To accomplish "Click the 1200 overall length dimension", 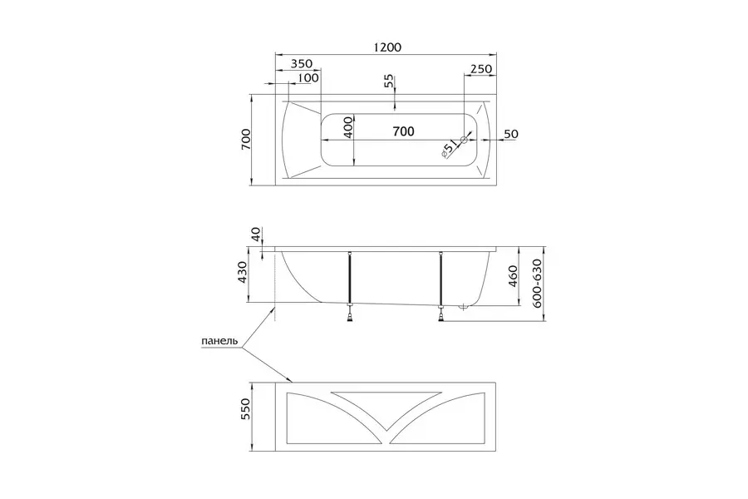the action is tap(386, 47).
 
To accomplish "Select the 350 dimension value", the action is tap(302, 63).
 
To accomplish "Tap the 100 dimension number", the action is tap(308, 77).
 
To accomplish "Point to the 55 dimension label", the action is tap(389, 81).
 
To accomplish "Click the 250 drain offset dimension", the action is tap(481, 69).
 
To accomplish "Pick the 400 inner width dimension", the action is tap(348, 127).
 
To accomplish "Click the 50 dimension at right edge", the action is tap(511, 134).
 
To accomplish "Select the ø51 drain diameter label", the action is tap(449, 149).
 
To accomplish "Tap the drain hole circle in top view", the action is tap(463, 140).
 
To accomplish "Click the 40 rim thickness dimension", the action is tap(257, 234).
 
